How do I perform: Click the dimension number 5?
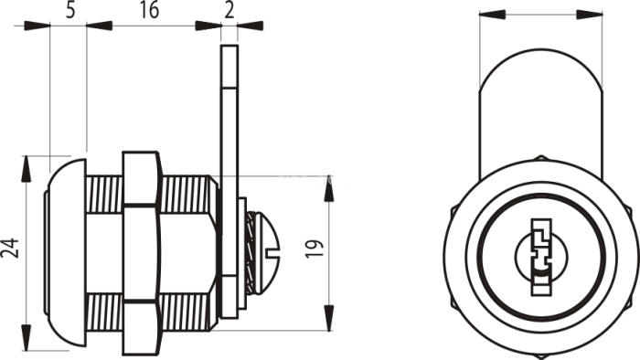tap(70, 10)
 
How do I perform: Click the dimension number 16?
tap(149, 10)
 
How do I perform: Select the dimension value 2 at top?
tap(229, 10)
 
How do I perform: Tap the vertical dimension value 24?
tap(10, 249)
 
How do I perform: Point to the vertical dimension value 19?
tap(315, 249)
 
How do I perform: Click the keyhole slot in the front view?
tap(541, 257)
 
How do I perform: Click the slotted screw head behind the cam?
tap(264, 252)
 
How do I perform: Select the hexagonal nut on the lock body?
tap(141, 253)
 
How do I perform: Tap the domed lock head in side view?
tap(65, 253)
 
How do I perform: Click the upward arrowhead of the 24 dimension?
tap(27, 169)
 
